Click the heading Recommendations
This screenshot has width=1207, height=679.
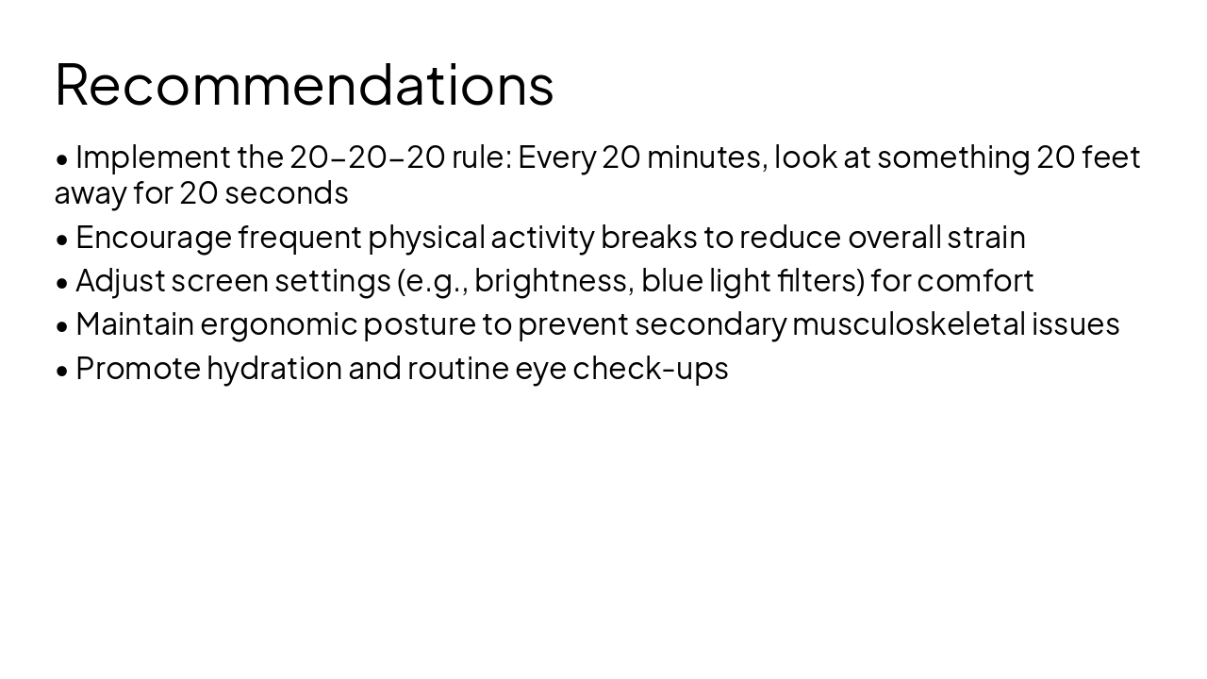point(304,84)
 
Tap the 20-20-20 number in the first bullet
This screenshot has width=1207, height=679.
point(367,157)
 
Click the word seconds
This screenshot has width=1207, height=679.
point(287,193)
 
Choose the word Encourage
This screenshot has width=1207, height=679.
point(154,238)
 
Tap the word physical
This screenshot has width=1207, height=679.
point(426,238)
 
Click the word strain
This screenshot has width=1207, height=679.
point(986,238)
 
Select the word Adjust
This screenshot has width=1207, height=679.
point(121,281)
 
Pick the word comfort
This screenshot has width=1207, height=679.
point(975,281)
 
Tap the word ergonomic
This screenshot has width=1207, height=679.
point(279,324)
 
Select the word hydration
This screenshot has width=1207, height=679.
point(274,369)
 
